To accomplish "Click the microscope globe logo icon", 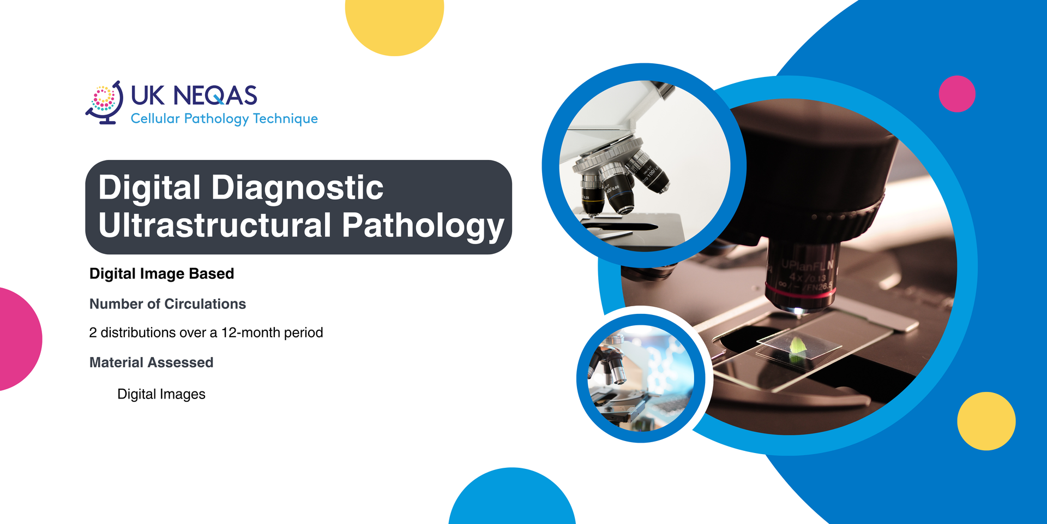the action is (104, 103).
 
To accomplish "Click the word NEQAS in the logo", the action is (215, 96).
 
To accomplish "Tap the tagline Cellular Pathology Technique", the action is (224, 118).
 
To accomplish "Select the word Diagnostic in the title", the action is (297, 187).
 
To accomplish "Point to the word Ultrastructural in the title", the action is (215, 225).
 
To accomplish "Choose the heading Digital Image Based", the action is (162, 273).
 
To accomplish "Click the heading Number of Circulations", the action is (167, 304).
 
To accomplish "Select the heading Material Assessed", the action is (151, 362).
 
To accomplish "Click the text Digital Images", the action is (161, 394).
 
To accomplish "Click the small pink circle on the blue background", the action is (957, 94).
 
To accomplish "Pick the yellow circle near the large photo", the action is (986, 421).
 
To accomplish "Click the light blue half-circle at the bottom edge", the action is (512, 497).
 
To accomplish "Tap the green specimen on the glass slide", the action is (797, 348).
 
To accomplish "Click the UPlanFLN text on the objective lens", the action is (808, 265).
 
